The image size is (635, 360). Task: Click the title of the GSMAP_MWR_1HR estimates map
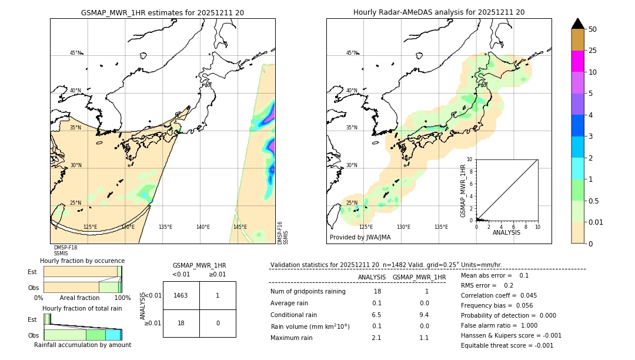162,12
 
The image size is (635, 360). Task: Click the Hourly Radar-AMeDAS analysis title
439,12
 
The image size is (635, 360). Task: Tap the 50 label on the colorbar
593,29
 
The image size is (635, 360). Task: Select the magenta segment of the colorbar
577,61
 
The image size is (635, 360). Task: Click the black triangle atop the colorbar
577,24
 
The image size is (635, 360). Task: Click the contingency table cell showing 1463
181,295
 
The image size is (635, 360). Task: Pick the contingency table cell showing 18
181,323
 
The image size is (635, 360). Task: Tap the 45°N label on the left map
75,53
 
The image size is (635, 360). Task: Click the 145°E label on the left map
240,227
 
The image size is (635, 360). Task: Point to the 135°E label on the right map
441,227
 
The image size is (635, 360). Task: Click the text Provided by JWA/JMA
360,237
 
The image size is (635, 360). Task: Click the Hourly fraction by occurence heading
82,261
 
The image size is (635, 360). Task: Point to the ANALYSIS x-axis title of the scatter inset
506,232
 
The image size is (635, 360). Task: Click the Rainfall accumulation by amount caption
82,345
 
